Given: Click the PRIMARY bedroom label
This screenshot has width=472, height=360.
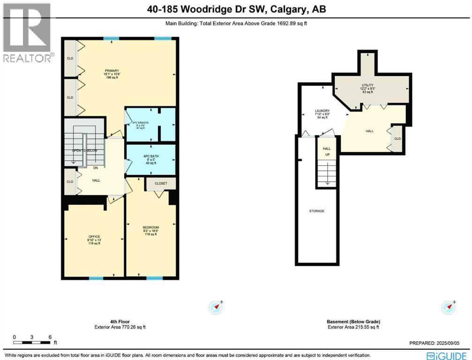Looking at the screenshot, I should (x=111, y=71).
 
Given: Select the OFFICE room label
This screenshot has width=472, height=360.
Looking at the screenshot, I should (x=94, y=236).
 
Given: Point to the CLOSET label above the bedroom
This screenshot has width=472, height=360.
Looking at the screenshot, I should (x=161, y=184).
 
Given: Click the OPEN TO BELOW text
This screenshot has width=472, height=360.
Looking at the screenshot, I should (x=84, y=150).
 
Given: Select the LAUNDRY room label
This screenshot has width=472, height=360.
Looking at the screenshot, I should (x=322, y=111).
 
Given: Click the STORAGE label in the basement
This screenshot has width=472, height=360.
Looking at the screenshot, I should (x=317, y=211).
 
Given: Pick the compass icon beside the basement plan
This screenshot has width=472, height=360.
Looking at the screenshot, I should (x=449, y=307).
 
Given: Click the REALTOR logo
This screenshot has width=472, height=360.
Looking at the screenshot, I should (x=27, y=33).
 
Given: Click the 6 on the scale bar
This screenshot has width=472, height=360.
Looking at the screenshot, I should (x=49, y=337).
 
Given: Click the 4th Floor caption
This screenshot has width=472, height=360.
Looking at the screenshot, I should (x=123, y=322).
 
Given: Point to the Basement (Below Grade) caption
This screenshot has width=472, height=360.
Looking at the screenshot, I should (x=353, y=322).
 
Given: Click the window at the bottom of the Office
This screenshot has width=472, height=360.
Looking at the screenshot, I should (x=96, y=278).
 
